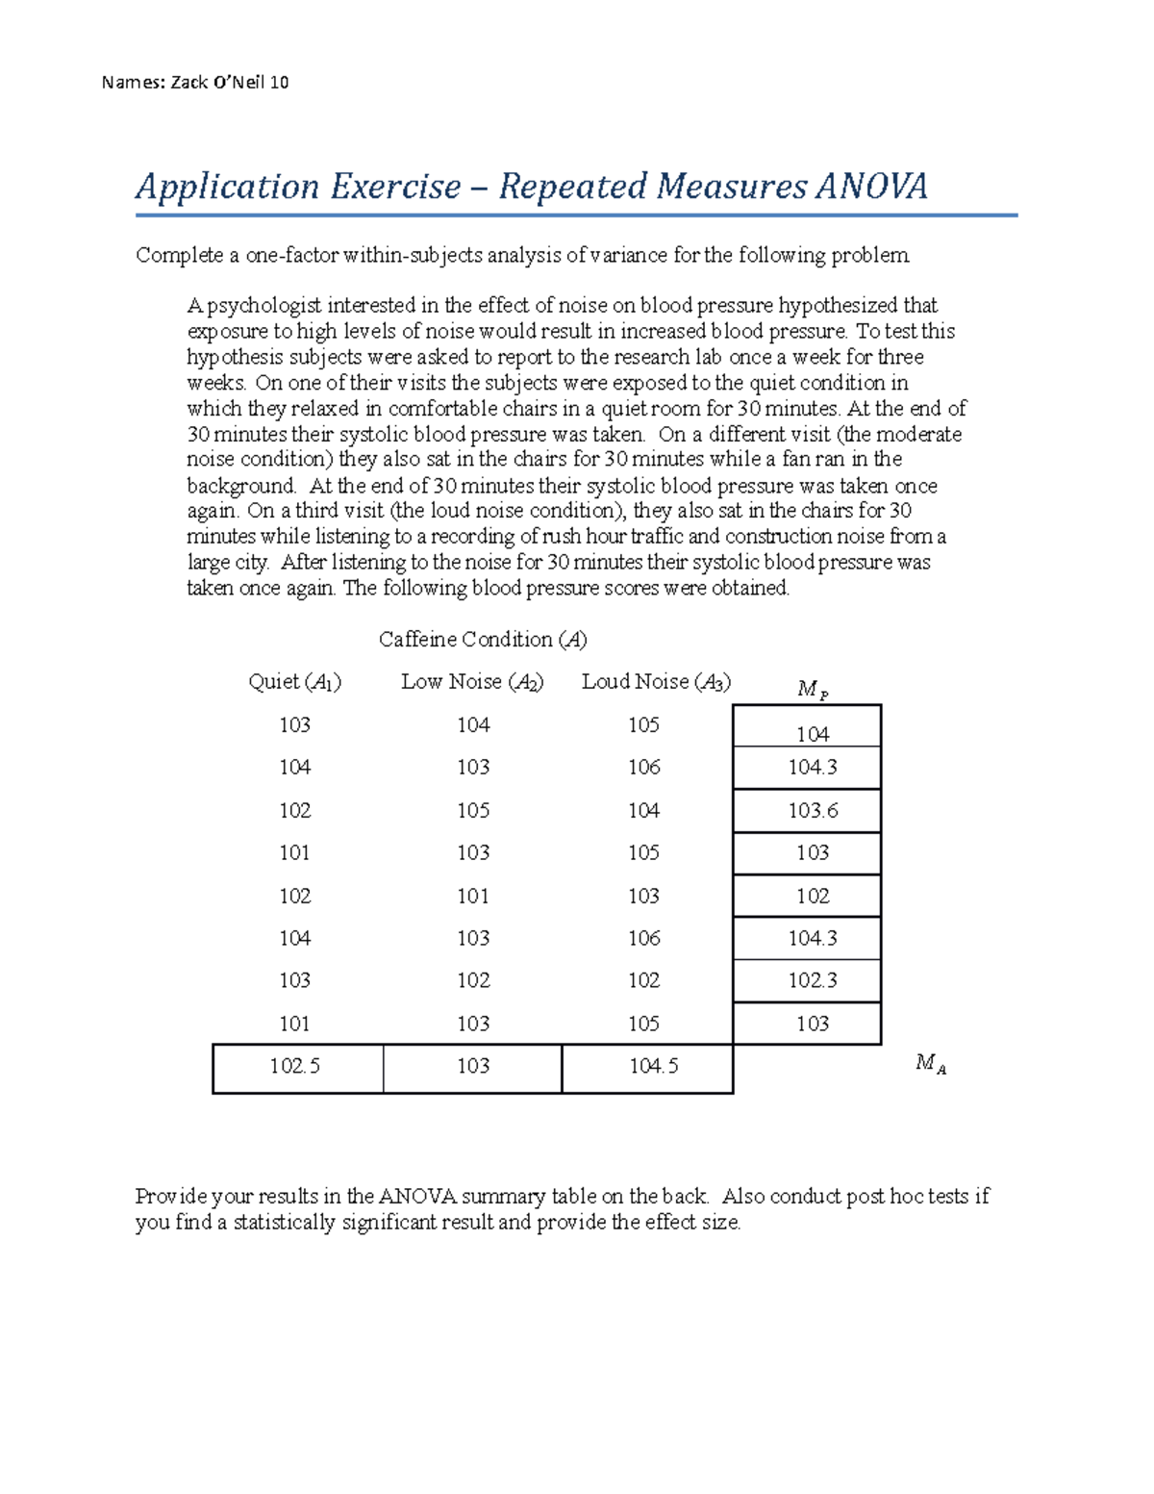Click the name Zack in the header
188,83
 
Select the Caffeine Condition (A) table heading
483,640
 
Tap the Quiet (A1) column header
294,682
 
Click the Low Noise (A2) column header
472,682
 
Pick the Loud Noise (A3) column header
656,682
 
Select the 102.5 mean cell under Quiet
295,1066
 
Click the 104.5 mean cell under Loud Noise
654,1066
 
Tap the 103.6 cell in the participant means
813,811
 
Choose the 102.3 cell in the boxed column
813,980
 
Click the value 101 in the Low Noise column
473,896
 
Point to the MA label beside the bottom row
930,1063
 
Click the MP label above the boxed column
812,689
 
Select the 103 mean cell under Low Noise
473,1066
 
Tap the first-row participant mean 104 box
813,734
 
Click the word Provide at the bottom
170,1197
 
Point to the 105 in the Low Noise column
473,810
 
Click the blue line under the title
577,215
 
